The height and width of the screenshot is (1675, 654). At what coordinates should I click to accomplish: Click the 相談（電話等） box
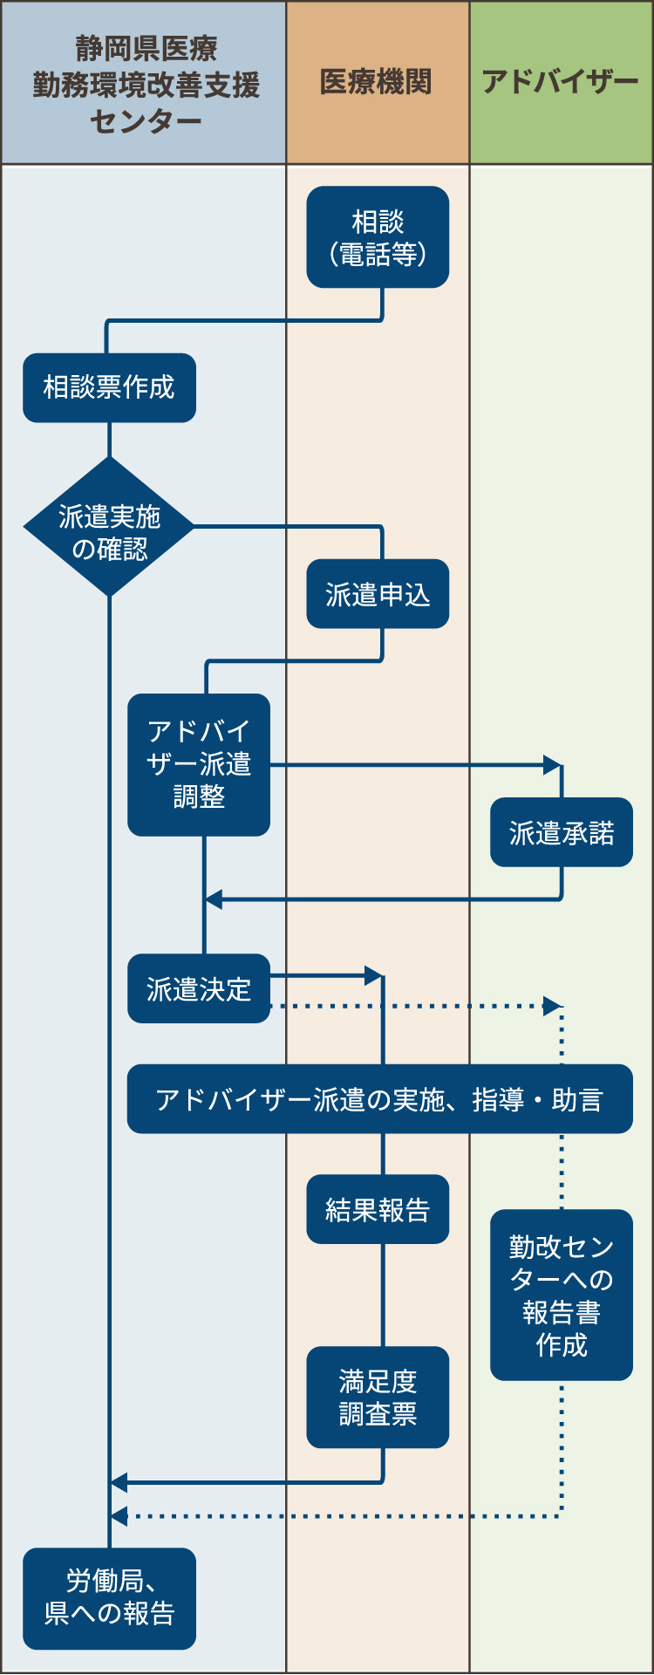[378, 237]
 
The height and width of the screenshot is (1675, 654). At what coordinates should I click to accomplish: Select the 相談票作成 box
[109, 387]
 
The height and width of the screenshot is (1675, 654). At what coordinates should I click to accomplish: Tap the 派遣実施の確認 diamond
[109, 528]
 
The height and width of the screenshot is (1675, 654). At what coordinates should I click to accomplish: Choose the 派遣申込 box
[378, 594]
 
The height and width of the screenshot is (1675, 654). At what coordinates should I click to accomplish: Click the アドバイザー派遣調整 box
[199, 764]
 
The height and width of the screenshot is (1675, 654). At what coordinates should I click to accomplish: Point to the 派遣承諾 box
[561, 832]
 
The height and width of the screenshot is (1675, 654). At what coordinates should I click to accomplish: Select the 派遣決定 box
[199, 988]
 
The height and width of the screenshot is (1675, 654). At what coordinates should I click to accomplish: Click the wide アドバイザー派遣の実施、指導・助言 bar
[379, 1099]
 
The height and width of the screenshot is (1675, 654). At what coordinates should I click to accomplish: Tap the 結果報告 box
[378, 1209]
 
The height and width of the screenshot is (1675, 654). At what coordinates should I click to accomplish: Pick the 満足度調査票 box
[378, 1397]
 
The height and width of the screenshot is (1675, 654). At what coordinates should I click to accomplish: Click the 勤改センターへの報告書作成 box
[561, 1295]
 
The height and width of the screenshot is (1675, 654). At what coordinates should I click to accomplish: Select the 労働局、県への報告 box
[109, 1598]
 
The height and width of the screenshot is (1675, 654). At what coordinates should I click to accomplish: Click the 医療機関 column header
[378, 82]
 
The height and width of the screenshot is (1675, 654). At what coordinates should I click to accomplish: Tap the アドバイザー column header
[561, 82]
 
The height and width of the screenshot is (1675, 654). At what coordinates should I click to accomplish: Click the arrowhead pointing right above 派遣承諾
[552, 765]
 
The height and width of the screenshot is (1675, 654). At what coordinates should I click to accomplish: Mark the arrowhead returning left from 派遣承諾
[214, 899]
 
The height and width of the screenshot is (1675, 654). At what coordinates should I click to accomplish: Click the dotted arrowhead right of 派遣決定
[552, 1006]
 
